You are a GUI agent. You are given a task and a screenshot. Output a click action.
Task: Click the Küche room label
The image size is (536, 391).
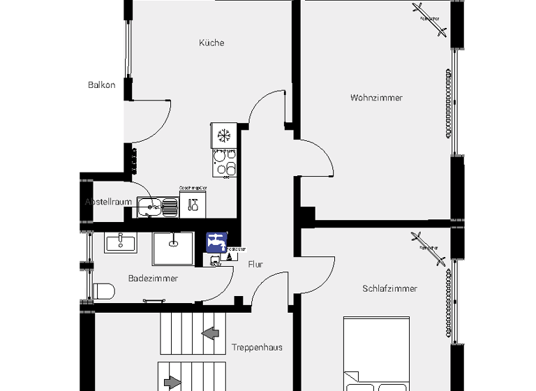tap(211, 43)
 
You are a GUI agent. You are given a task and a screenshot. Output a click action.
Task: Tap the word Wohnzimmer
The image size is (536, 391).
tap(376, 98)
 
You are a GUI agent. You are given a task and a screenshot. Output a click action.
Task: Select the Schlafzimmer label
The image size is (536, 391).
tap(389, 288)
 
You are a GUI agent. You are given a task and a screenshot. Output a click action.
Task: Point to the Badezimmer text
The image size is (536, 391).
tap(153, 278)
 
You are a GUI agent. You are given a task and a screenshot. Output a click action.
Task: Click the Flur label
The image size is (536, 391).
tap(256, 264)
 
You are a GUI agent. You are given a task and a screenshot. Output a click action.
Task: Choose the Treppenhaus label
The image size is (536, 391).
tap(257, 347)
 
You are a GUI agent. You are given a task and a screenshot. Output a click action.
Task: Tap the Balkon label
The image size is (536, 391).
tap(101, 85)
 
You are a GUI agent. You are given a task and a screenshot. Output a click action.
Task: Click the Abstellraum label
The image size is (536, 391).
tap(109, 202)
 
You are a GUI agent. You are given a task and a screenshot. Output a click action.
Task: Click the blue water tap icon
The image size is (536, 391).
tap(216, 242)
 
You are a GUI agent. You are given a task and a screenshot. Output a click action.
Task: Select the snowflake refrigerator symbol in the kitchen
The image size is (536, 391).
tap(224, 135)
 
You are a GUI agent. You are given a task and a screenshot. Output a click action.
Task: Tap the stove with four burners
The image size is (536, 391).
tap(224, 163)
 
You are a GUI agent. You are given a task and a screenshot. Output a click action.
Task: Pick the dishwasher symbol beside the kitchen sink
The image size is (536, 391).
tap(193, 204)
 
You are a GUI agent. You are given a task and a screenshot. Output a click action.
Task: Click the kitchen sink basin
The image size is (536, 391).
tap(150, 205)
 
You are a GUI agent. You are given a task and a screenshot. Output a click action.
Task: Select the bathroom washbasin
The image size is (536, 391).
tap(121, 242)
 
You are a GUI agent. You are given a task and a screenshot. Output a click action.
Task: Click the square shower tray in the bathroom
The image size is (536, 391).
tap(174, 249)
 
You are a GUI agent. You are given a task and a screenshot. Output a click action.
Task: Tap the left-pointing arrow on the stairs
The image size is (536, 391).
tap(209, 333)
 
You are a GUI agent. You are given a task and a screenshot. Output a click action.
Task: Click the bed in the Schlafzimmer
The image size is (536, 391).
tap(378, 356)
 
